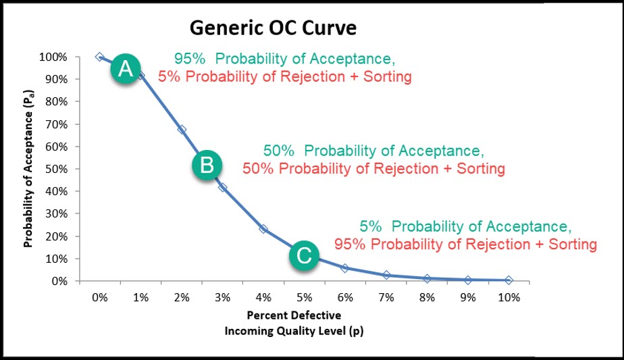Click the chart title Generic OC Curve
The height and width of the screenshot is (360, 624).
pos(272,28)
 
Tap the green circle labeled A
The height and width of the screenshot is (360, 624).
pos(126,68)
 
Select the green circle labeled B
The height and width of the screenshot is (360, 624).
pos(207,164)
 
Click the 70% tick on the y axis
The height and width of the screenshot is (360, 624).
pos(57,124)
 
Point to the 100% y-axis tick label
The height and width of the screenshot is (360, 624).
pos(55,57)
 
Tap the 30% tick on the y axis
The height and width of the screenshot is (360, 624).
pos(57,214)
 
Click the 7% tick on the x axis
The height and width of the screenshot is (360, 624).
pos(386,297)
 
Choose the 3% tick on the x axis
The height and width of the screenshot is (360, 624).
pos(222,297)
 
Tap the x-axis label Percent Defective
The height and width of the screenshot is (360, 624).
pos(293,315)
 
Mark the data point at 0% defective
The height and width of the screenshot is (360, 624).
pos(100,57)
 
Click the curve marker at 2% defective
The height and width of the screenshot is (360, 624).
pos(182,129)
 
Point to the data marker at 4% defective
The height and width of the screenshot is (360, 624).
pos(263,229)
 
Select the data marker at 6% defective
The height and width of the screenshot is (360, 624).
pos(345,268)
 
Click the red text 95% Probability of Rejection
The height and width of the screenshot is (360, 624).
pos(465,243)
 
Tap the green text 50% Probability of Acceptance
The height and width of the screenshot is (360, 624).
pos(373,150)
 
